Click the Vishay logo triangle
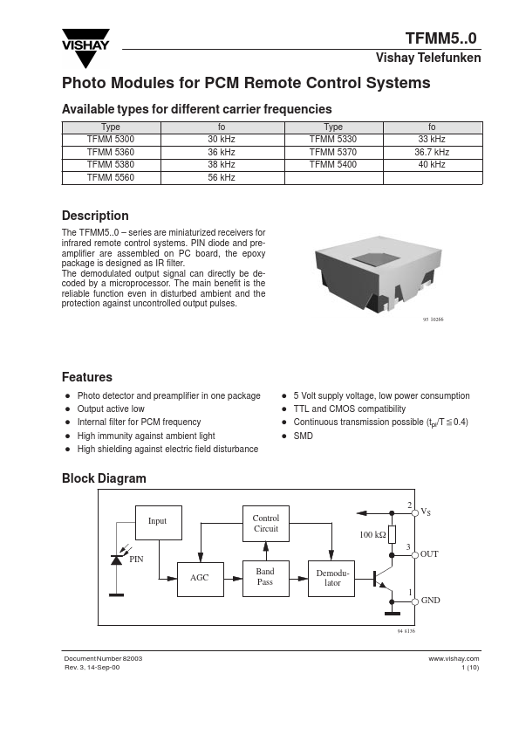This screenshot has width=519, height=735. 85,49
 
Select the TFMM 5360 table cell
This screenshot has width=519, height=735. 111,153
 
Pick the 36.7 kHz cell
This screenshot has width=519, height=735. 432,153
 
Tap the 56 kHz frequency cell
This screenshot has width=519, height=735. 222,178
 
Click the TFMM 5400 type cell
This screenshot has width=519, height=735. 333,165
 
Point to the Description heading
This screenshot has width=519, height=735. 95,216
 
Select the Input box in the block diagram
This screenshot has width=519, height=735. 159,523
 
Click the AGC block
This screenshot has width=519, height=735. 200,579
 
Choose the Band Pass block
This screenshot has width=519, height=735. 265,579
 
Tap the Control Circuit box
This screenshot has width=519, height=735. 265,524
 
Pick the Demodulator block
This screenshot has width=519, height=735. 331,579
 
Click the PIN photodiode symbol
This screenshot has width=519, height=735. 116,560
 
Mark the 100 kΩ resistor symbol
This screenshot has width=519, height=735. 393,534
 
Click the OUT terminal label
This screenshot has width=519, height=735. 429,554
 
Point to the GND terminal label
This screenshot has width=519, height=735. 430,600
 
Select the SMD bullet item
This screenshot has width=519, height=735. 303,436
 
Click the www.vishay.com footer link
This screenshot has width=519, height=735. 454,658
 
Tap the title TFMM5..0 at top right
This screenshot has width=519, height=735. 440,38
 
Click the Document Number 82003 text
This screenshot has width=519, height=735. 103,658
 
